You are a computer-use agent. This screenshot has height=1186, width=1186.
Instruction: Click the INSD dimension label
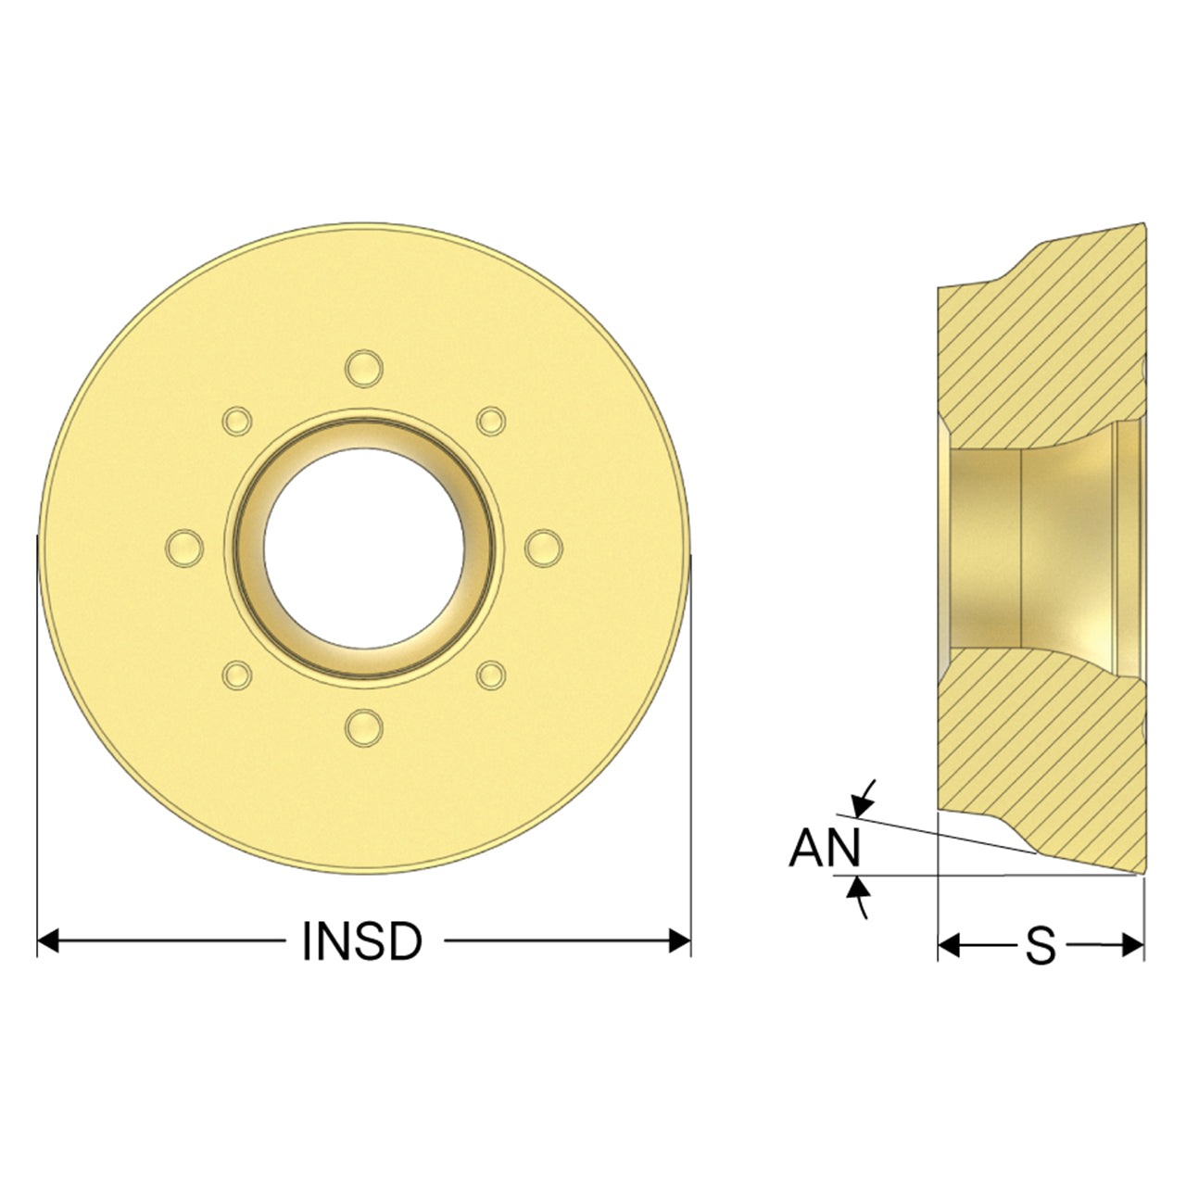[x=362, y=941]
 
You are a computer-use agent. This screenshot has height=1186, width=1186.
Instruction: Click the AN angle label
[x=825, y=848]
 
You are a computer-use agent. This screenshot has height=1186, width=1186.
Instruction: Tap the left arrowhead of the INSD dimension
[x=48, y=941]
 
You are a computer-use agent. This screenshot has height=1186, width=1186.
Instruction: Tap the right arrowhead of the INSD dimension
[x=680, y=941]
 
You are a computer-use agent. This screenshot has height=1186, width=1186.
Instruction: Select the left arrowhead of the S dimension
[x=949, y=945]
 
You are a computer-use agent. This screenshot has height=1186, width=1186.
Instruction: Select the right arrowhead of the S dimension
[x=1133, y=945]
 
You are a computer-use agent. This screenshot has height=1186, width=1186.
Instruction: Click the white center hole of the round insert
[x=364, y=548]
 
